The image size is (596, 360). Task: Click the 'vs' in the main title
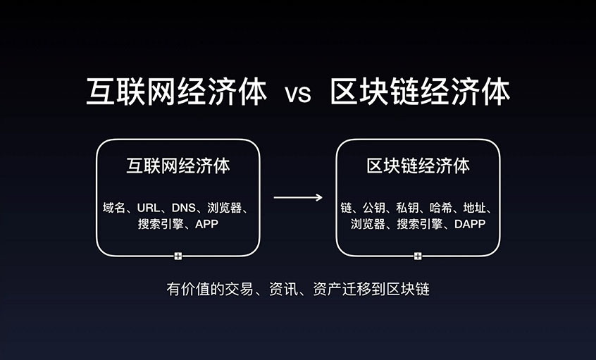(x=298, y=94)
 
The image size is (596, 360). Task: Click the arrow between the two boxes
(x=298, y=197)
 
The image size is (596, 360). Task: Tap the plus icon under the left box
(x=178, y=256)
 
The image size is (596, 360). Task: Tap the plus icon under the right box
(x=418, y=256)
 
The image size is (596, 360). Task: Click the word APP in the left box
(x=207, y=225)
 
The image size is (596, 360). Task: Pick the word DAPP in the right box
(x=469, y=225)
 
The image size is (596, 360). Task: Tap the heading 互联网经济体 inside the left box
(x=178, y=167)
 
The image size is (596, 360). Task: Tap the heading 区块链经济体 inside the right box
(x=418, y=167)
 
